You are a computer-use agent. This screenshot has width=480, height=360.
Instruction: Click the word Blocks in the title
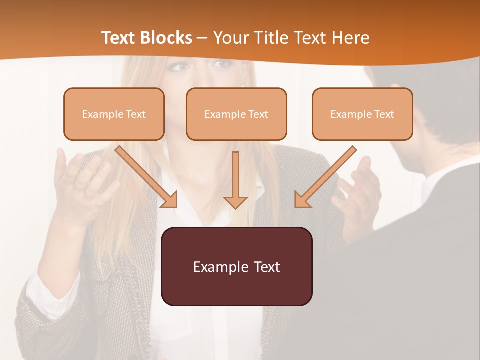pyautogui.click(x=167, y=38)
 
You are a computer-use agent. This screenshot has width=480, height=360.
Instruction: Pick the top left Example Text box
pyautogui.click(x=114, y=114)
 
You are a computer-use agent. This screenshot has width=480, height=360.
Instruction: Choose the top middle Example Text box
pyautogui.click(x=236, y=114)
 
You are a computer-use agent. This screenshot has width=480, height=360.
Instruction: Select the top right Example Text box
pyautogui.click(x=362, y=114)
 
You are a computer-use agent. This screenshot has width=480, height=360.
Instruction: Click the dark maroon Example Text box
pyautogui.click(x=236, y=266)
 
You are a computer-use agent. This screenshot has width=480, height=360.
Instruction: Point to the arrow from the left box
pyautogui.click(x=146, y=177)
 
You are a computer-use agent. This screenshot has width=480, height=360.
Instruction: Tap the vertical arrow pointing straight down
pyautogui.click(x=235, y=180)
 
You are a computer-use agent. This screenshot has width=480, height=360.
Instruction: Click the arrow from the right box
pyautogui.click(x=325, y=177)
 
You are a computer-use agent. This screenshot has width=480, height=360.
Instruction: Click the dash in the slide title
pyautogui.click(x=202, y=38)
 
